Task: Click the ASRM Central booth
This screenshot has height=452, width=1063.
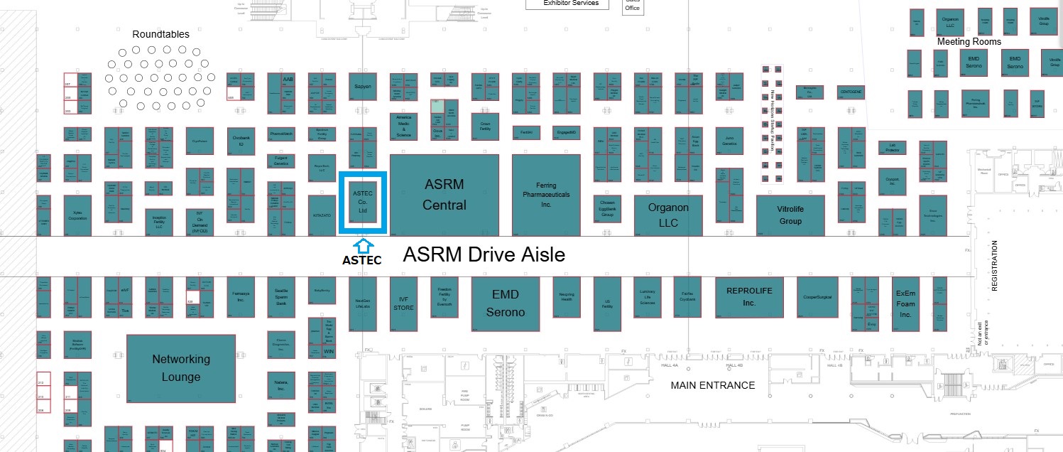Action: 444,195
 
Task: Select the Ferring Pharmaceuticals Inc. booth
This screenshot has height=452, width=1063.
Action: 546,195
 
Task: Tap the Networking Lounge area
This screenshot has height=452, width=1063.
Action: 180,368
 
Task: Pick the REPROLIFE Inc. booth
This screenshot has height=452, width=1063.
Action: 748,297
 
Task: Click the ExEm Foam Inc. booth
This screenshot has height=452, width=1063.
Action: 905,303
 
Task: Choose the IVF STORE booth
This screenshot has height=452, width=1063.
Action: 403,303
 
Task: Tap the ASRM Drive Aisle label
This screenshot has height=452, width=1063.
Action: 484,254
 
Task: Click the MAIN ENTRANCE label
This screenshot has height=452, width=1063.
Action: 713,385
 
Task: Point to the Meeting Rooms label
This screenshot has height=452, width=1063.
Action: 969,42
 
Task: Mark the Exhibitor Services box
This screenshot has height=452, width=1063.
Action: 570,4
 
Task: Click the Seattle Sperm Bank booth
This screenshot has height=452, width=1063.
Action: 280,297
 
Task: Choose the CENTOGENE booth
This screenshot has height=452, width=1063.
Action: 851,92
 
